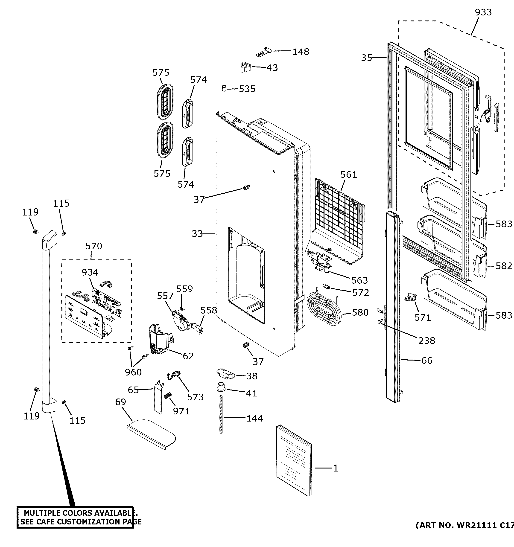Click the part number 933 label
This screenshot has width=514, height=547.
pyautogui.click(x=483, y=12)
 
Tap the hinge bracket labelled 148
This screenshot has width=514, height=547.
pyautogui.click(x=264, y=52)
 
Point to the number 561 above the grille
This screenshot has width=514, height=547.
pyautogui.click(x=348, y=175)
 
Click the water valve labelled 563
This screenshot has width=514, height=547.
pyautogui.click(x=321, y=263)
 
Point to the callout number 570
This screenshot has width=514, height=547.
pyautogui.click(x=93, y=246)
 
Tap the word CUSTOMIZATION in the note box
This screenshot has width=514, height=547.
pyautogui.click(x=93, y=522)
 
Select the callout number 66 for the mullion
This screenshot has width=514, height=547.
pyautogui.click(x=426, y=361)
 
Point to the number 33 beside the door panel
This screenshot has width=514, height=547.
pyautogui.click(x=197, y=234)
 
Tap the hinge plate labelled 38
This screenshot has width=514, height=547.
pyautogui.click(x=225, y=373)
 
